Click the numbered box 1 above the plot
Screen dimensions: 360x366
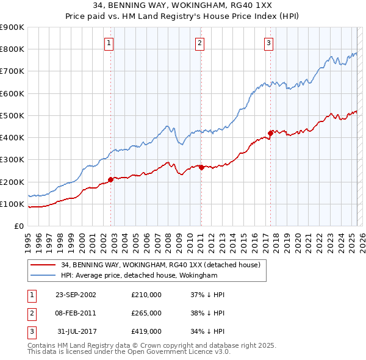(x=108, y=43)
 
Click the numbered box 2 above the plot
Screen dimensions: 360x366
(x=199, y=43)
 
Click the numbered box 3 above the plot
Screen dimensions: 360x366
(x=268, y=43)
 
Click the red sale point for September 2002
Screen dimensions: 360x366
(x=111, y=179)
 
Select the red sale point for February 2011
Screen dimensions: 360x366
(x=201, y=167)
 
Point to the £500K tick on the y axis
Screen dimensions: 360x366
(x=12, y=115)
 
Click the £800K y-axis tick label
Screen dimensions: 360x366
(x=12, y=49)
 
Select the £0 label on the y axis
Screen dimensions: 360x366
(x=18, y=226)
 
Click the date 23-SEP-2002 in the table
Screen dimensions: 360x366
(x=76, y=295)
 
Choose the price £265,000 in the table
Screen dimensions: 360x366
(x=146, y=313)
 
